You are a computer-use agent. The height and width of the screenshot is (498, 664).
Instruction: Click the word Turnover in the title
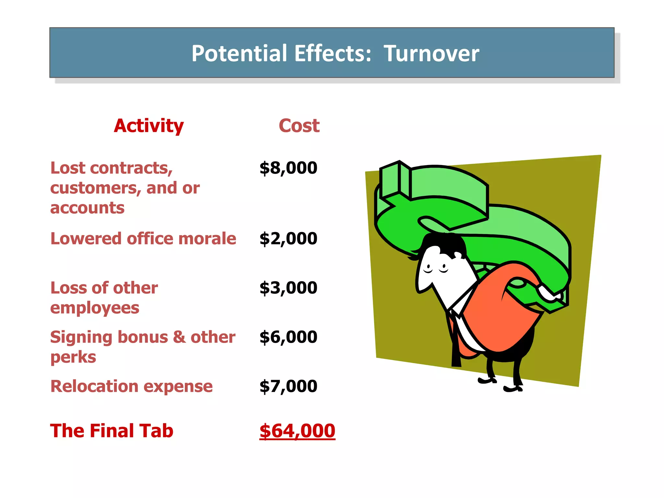point(431,53)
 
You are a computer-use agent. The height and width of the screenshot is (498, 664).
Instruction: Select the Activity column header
point(149,126)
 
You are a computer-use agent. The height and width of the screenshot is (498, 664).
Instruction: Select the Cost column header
point(299,126)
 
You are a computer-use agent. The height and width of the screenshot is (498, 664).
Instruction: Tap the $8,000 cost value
point(288,168)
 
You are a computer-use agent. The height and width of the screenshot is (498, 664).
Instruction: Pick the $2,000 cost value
point(288,239)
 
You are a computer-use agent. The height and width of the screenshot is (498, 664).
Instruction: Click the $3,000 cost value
point(288,288)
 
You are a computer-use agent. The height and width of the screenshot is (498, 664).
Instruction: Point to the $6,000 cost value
point(288,337)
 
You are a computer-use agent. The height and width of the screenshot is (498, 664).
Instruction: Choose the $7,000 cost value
point(288,386)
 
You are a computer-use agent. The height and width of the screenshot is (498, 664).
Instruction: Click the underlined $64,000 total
point(297,431)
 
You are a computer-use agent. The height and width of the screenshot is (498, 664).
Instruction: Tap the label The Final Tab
point(112,431)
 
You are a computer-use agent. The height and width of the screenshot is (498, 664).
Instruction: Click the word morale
point(207,239)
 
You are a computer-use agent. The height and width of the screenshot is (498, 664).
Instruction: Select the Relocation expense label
point(131,386)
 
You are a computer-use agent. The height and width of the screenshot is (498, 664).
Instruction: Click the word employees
point(95,308)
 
